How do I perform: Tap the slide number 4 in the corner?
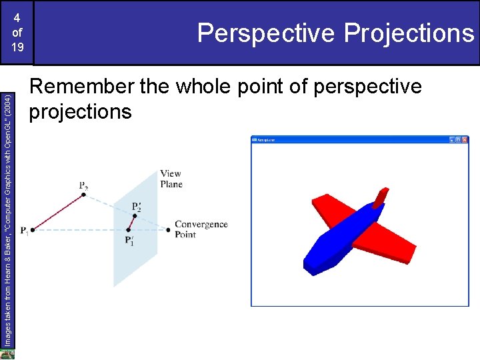click(17, 19)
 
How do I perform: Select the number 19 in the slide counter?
click(17, 48)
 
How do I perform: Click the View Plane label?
click(171, 179)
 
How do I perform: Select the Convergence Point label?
click(201, 229)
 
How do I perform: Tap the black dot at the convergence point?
click(168, 229)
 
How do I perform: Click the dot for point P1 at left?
click(33, 229)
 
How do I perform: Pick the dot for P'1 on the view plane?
click(128, 229)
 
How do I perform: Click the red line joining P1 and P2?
click(58, 213)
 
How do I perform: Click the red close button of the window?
click(465, 140)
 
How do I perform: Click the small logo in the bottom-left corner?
click(7, 354)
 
